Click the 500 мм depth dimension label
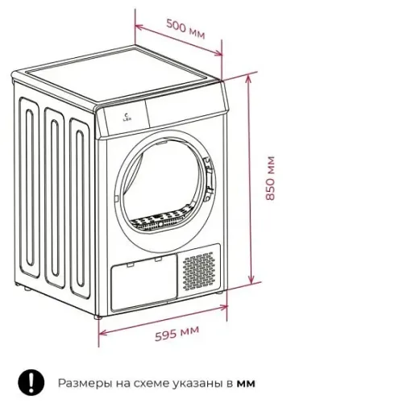(185, 29)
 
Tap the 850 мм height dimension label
(270, 178)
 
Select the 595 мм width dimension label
(177, 334)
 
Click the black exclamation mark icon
(31, 383)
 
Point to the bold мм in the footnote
(246, 384)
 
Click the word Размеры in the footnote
(85, 384)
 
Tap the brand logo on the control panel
(126, 118)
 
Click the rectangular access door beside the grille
(143, 282)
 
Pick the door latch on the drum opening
(209, 179)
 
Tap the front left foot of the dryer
(98, 317)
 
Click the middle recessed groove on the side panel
(55, 198)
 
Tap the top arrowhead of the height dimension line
(248, 79)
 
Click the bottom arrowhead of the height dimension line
(251, 280)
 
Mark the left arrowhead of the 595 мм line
(103, 333)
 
